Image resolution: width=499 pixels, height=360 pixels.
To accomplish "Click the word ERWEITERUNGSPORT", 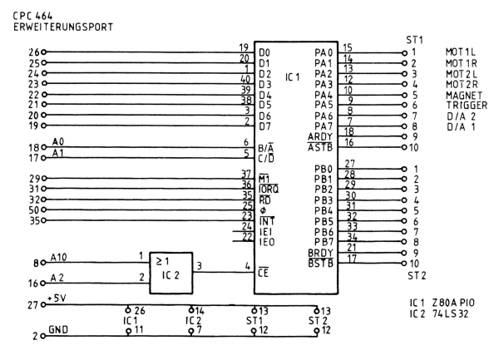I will click(x=57, y=25).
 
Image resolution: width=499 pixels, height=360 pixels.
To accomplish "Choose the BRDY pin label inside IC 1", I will click(x=319, y=254).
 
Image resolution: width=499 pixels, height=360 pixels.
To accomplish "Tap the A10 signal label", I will click(x=59, y=259).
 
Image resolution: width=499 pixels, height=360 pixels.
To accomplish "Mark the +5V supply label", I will click(x=58, y=298).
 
